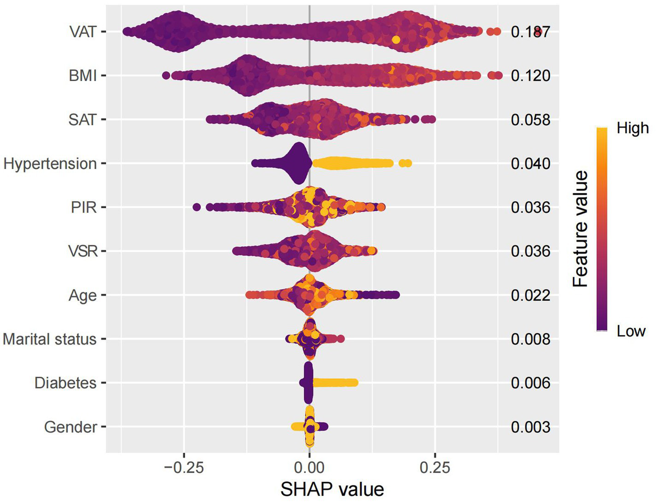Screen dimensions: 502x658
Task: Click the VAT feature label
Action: point(83,32)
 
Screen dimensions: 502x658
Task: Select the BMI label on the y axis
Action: point(83,76)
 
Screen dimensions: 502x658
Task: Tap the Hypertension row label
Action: point(50,163)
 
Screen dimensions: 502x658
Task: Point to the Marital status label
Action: point(50,339)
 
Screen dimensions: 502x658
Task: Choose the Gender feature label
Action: point(70,427)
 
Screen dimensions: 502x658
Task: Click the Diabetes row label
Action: point(65,383)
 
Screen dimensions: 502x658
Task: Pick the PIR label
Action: point(84,207)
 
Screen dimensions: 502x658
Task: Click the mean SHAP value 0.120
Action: point(530,76)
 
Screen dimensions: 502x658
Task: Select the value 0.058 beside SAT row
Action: point(530,120)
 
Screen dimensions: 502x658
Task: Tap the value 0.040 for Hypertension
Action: point(530,163)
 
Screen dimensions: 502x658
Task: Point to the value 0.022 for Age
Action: point(530,295)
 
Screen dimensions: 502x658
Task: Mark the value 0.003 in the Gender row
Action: point(530,427)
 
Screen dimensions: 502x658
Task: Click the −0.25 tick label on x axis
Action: point(184,467)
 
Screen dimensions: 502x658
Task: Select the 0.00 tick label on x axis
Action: point(309,467)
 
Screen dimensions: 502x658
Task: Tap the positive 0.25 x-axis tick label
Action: point(435,467)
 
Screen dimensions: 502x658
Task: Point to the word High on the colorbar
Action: point(632,128)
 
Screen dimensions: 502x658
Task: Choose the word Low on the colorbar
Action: point(631,331)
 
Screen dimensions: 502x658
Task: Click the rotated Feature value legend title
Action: point(581,229)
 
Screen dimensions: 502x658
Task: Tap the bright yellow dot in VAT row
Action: point(396,40)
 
